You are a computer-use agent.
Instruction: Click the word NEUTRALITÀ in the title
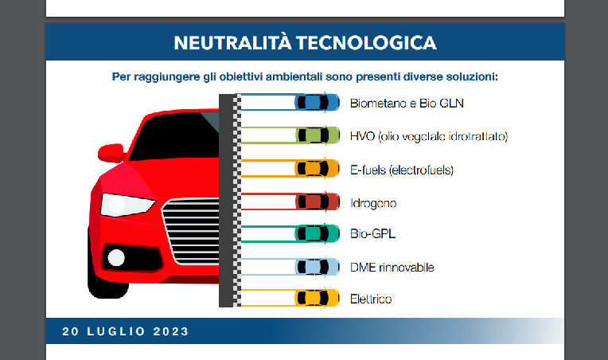(x=232, y=43)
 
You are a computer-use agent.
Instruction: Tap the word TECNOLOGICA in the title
(x=367, y=43)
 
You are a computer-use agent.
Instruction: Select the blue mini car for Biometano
(x=317, y=103)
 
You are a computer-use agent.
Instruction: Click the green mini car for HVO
(x=318, y=135)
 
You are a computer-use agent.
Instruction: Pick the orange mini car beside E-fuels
(x=318, y=169)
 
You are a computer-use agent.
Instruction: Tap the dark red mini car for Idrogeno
(x=318, y=202)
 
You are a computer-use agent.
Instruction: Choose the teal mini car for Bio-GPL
(x=318, y=234)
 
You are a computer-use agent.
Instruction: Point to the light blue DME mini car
(x=318, y=268)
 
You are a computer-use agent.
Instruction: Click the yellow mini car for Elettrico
(x=318, y=298)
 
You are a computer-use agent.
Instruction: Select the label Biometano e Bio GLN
(x=407, y=104)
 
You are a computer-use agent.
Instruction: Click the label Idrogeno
(x=373, y=204)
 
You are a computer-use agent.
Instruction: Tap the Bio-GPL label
(x=372, y=233)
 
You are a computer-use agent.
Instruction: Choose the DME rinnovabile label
(x=392, y=268)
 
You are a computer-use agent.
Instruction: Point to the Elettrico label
(x=371, y=299)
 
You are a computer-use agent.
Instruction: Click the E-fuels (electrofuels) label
(x=402, y=170)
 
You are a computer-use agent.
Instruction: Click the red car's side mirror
(x=111, y=153)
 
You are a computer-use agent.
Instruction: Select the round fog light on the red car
(x=116, y=257)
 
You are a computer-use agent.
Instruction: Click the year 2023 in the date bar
(x=170, y=331)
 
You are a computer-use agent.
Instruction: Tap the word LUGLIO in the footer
(x=116, y=331)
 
